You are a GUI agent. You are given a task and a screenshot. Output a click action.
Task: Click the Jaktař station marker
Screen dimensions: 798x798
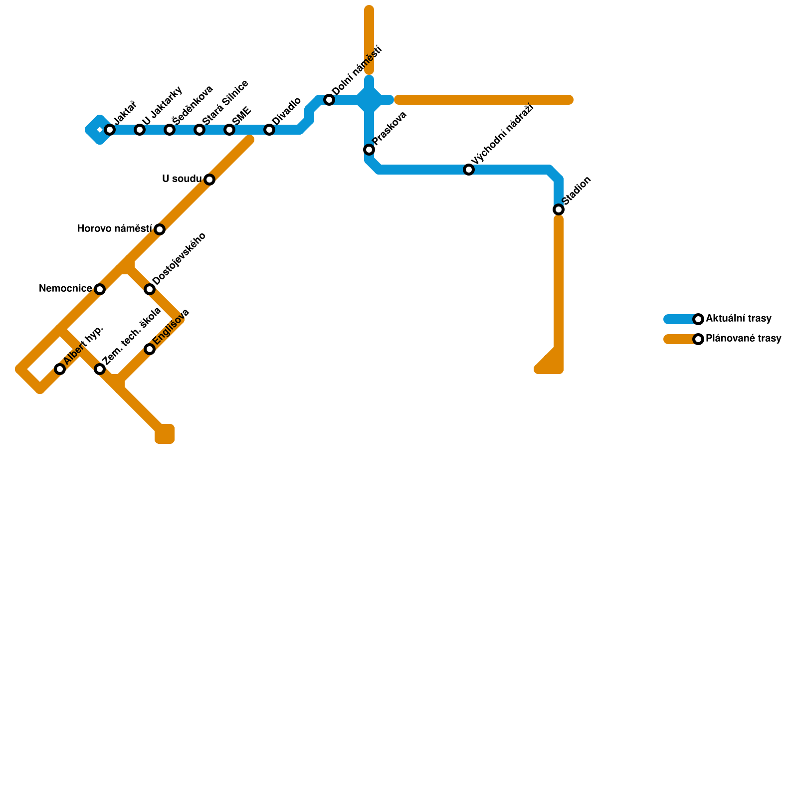(x=110, y=130)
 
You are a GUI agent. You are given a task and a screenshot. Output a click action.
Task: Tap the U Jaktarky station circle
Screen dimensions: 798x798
(x=140, y=130)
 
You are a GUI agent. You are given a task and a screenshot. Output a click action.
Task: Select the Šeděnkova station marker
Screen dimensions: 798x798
(x=170, y=130)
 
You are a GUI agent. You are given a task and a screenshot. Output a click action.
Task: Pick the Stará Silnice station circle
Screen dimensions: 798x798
(x=199, y=130)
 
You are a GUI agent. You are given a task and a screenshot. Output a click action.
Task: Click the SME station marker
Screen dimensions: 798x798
(x=229, y=130)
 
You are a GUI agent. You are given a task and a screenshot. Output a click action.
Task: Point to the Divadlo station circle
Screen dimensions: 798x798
(x=269, y=130)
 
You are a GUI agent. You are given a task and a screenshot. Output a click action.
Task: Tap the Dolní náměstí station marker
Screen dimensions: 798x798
(x=329, y=100)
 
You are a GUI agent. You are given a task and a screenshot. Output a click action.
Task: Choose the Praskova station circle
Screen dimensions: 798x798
(x=369, y=150)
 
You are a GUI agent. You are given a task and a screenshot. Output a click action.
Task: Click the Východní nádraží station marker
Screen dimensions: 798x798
(x=469, y=170)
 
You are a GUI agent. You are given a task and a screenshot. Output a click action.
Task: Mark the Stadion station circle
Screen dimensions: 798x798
(x=559, y=209)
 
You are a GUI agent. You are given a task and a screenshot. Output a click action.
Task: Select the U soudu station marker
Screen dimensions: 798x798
(x=209, y=180)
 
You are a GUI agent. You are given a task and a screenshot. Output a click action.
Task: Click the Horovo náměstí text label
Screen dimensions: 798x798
(x=115, y=229)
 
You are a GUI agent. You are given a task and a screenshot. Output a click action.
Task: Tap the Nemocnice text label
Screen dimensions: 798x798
(x=65, y=289)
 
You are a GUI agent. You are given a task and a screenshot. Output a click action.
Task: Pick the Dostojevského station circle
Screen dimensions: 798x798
(x=150, y=289)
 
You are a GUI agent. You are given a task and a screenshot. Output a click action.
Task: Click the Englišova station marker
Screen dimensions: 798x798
(x=150, y=349)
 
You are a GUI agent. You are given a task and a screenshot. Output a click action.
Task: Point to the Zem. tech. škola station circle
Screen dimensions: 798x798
(x=100, y=369)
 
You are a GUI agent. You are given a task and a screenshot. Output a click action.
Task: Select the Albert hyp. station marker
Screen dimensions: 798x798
(x=60, y=369)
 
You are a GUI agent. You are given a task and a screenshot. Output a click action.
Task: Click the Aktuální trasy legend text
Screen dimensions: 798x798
(x=739, y=319)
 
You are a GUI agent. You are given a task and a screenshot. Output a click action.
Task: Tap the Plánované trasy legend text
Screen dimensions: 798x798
(x=743, y=339)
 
